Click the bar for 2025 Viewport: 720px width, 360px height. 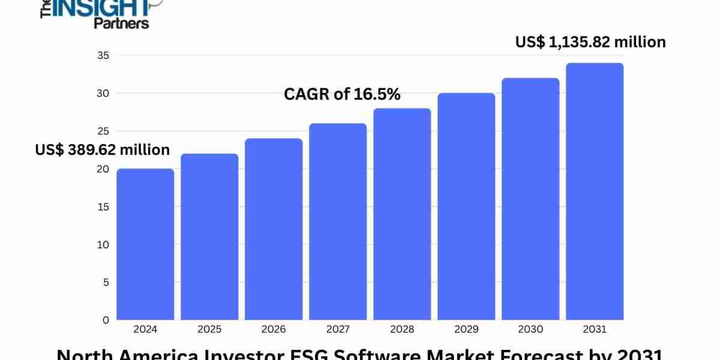tap(209, 237)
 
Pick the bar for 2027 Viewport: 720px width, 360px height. tap(338, 222)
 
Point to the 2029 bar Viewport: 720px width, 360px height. tap(466, 207)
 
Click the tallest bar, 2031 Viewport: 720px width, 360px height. tap(595, 192)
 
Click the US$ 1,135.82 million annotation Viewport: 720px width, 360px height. tap(590, 42)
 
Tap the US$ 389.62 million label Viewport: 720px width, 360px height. tap(103, 149)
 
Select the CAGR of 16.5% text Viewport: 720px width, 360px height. tap(342, 94)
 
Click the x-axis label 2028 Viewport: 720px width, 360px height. tap(402, 329)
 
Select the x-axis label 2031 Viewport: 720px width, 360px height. tap(595, 329)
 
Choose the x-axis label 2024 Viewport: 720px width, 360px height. tap(145, 329)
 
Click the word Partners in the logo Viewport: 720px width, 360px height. tap(121, 23)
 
